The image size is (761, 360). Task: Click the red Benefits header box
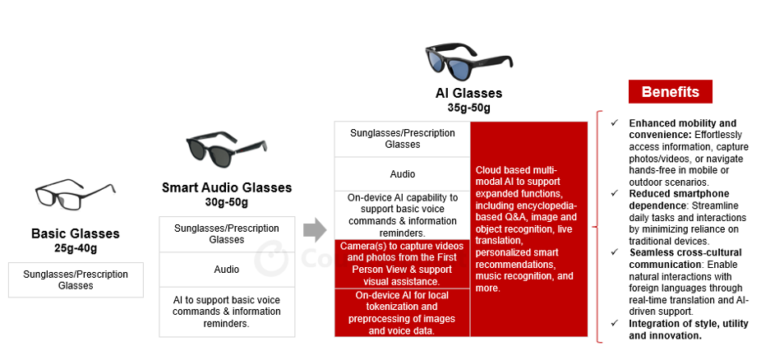(670, 91)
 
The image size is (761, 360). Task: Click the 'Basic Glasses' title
(76, 233)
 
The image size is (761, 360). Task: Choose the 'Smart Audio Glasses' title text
(226, 187)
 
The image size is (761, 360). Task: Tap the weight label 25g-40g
(76, 247)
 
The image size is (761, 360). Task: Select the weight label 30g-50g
(226, 201)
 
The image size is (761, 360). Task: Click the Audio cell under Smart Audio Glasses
(226, 269)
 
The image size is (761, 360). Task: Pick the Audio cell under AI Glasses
(402, 173)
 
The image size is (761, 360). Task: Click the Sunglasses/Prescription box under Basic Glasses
(76, 279)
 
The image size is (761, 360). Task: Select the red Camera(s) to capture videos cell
(402, 263)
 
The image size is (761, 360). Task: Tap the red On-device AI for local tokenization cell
(402, 312)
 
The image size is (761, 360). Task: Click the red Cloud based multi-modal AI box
(528, 228)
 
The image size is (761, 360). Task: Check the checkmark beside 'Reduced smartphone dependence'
(614, 194)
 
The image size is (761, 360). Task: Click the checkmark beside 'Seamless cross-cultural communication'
(614, 252)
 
